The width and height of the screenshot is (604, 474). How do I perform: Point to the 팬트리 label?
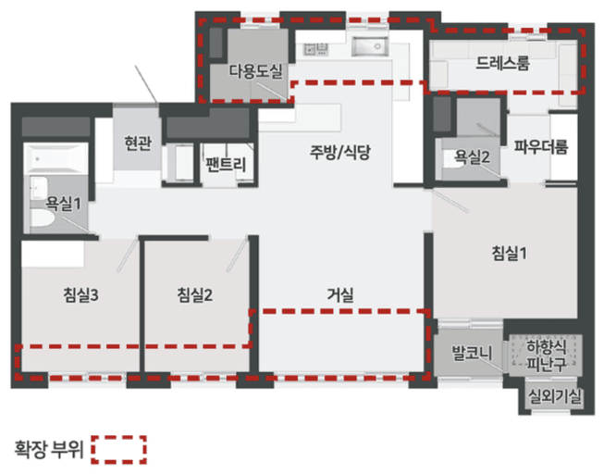click(x=226, y=166)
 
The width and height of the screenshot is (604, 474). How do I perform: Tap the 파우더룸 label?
click(x=542, y=146)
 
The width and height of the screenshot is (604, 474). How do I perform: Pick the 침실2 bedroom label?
click(x=196, y=295)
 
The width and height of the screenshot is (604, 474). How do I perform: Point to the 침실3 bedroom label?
click(x=81, y=295)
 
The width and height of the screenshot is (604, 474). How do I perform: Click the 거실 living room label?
click(x=340, y=295)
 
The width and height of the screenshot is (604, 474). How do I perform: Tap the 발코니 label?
click(x=470, y=353)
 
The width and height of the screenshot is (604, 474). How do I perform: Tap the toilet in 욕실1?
click(x=43, y=219)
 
